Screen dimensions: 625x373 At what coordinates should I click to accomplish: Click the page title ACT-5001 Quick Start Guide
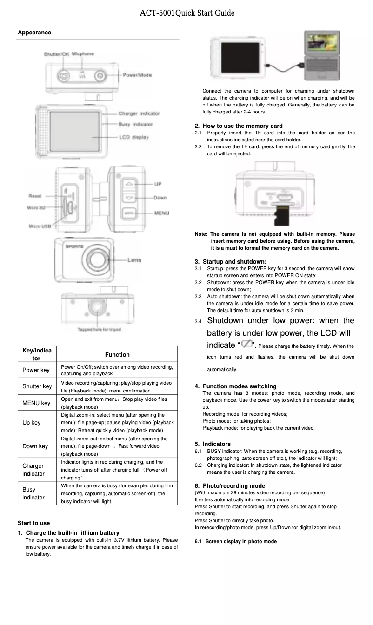[x=186, y=13]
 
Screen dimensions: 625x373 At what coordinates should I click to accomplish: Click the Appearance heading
[x=34, y=33]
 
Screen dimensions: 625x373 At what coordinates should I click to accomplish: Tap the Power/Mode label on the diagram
[x=137, y=75]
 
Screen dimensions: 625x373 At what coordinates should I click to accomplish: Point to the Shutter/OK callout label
[x=56, y=54]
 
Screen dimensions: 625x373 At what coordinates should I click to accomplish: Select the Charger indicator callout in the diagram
[x=139, y=113]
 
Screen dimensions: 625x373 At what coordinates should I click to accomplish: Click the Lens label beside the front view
[x=134, y=260]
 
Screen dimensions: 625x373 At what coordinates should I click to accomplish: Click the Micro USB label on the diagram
[x=40, y=226]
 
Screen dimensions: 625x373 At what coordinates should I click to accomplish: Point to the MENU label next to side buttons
[x=161, y=213]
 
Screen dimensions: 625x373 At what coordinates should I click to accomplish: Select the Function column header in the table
[x=117, y=354]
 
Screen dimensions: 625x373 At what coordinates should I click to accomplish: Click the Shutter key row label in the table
[x=37, y=386]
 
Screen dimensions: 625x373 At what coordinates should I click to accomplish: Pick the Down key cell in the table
[x=35, y=446]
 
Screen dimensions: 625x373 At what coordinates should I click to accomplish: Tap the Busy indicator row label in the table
[x=33, y=493]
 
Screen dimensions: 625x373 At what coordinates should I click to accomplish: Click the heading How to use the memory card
[x=242, y=126]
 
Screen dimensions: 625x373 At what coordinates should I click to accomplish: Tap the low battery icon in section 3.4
[x=246, y=344]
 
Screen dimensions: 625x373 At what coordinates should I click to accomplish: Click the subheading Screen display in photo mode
[x=241, y=541]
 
